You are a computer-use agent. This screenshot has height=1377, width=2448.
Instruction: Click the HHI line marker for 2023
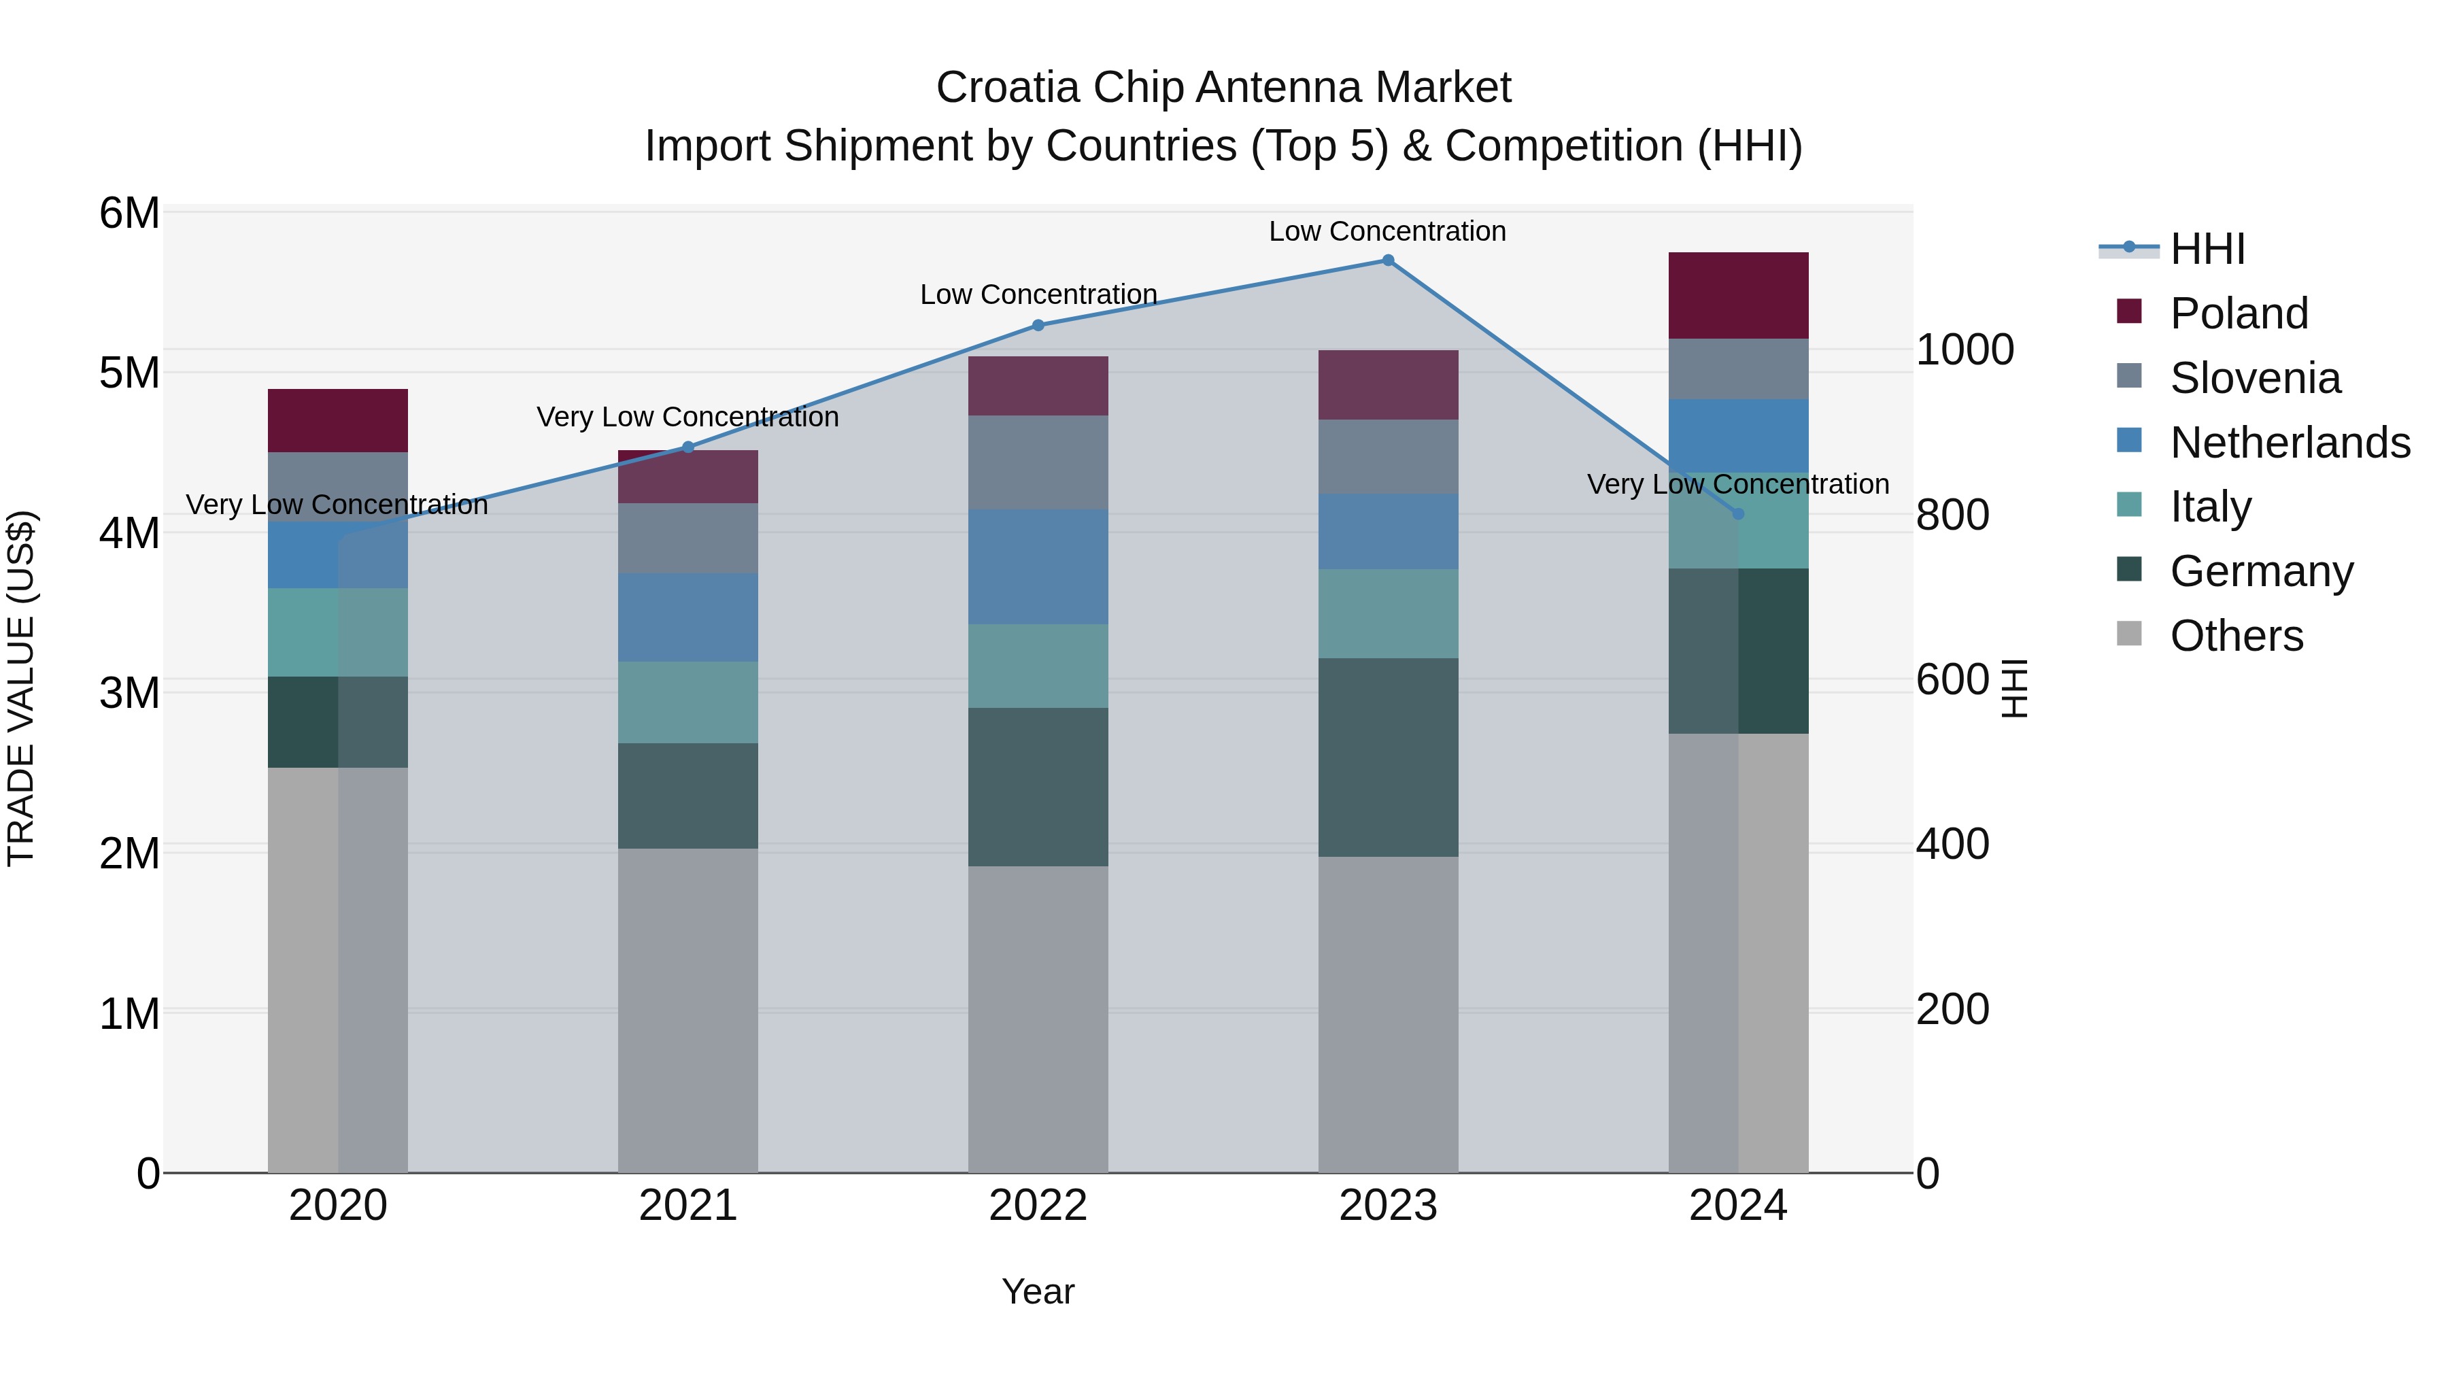1387,260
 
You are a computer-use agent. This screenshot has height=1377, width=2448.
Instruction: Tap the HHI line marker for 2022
1038,325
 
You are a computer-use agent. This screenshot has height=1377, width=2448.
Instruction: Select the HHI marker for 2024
1738,514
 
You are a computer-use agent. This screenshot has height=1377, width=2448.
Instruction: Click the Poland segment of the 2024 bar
1738,296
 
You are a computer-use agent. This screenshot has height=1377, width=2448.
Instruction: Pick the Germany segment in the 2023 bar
1387,758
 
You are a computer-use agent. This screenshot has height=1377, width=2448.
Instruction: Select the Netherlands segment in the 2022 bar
1038,566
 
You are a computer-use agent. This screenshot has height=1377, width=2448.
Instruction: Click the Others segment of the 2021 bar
688,1010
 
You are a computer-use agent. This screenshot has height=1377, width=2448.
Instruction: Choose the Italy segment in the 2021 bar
688,702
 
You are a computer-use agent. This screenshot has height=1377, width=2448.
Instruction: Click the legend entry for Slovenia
2255,378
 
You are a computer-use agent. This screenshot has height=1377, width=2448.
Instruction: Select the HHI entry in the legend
2207,249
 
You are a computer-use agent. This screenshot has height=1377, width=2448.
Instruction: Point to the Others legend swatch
2130,634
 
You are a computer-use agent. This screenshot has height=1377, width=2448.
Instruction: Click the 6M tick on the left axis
129,213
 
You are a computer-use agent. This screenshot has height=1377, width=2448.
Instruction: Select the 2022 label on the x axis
1038,1206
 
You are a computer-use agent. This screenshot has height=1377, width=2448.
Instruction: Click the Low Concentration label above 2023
1387,231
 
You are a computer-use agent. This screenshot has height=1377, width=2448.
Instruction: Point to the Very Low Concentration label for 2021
688,418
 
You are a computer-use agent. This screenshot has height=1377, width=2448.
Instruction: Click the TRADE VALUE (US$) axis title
21,688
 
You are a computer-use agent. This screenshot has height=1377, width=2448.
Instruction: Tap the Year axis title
1038,1291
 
